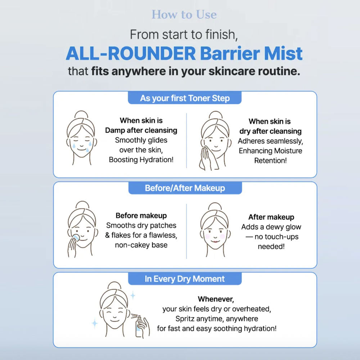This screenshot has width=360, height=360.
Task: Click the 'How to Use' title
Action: pos(184,15)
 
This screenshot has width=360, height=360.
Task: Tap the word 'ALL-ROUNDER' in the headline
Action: pos(131,54)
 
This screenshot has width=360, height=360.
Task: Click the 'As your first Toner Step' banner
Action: pos(185,98)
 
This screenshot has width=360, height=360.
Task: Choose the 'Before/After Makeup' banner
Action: pos(185,188)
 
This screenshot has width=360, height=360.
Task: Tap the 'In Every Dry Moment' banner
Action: pos(185,279)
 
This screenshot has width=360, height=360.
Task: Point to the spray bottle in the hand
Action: pos(139,326)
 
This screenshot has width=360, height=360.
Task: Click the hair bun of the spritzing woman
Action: pos(114,286)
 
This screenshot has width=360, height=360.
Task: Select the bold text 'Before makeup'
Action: pos(141,216)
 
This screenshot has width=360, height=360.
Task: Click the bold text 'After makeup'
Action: pos(271,217)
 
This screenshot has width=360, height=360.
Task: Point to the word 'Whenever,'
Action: pos(216,299)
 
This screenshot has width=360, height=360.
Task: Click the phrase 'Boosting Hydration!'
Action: pos(141,159)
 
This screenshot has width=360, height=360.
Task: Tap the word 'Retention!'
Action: pos(270,161)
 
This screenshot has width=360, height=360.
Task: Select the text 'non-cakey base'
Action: pos(141,245)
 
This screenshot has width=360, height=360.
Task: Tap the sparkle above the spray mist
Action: pos(133,295)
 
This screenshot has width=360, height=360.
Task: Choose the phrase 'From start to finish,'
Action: pos(184,35)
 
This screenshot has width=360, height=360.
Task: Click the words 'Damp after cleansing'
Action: pos(141,130)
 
